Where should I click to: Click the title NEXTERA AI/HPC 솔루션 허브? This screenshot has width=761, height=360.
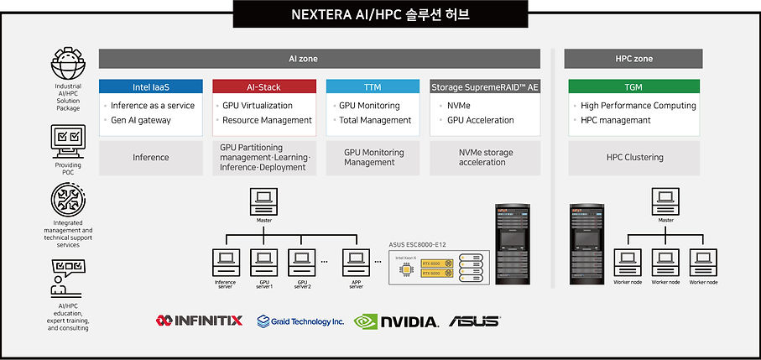tap(380, 14)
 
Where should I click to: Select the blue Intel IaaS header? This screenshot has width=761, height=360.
tap(151, 86)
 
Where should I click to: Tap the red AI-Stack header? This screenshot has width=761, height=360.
tap(264, 86)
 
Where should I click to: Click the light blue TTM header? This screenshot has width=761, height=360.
tap(373, 86)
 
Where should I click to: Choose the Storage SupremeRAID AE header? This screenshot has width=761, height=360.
tap(484, 86)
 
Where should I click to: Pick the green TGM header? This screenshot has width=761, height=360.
tap(633, 86)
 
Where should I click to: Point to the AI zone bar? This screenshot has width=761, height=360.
tap(319, 59)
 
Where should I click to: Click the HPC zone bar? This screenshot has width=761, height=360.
tap(633, 59)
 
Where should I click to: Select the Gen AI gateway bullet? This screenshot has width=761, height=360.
tap(141, 120)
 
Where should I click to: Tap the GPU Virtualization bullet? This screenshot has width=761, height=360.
tap(258, 106)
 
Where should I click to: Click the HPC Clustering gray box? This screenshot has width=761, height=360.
tap(633, 158)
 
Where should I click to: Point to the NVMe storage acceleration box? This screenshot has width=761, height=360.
tap(485, 158)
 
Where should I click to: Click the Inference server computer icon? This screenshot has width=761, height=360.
tap(225, 262)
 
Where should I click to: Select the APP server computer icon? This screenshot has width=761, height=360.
tap(355, 262)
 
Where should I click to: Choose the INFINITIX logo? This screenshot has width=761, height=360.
tap(199, 321)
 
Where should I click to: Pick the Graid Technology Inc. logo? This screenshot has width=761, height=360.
tap(300, 321)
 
